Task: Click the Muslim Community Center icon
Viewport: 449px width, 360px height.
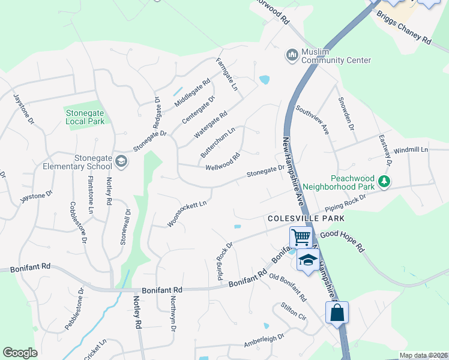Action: [x=292, y=55]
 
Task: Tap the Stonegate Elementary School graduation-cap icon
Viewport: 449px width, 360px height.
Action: [x=121, y=161]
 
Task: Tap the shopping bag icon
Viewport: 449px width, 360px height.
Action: [x=337, y=312]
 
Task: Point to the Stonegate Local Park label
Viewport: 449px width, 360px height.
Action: [x=85, y=116]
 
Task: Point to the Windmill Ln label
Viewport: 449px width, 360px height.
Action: [x=412, y=149]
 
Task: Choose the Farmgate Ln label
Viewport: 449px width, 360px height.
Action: [x=228, y=74]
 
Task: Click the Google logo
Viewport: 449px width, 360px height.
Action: [x=20, y=353]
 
